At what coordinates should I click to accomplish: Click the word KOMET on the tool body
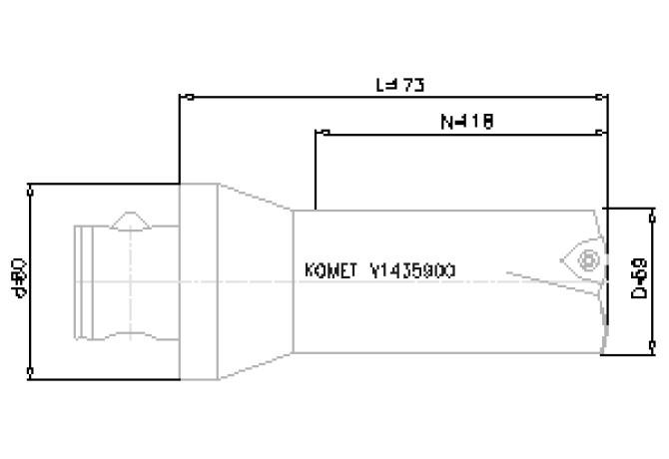[x=329, y=271]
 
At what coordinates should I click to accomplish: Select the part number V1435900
[x=413, y=271]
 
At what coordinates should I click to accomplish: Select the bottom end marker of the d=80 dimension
[x=32, y=377]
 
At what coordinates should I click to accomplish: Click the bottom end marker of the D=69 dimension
[x=651, y=350]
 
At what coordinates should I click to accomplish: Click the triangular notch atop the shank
[x=130, y=220]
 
